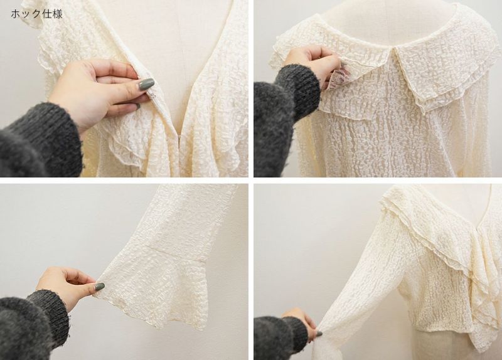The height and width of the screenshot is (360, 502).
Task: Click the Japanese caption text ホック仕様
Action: tap(36, 14)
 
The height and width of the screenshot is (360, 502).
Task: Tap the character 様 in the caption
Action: tap(57, 14)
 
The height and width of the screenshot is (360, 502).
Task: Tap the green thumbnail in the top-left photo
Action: tap(146, 84)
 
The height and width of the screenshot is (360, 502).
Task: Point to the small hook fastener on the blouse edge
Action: tap(149, 95)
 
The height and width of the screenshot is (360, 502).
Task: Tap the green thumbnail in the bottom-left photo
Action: tap(100, 287)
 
